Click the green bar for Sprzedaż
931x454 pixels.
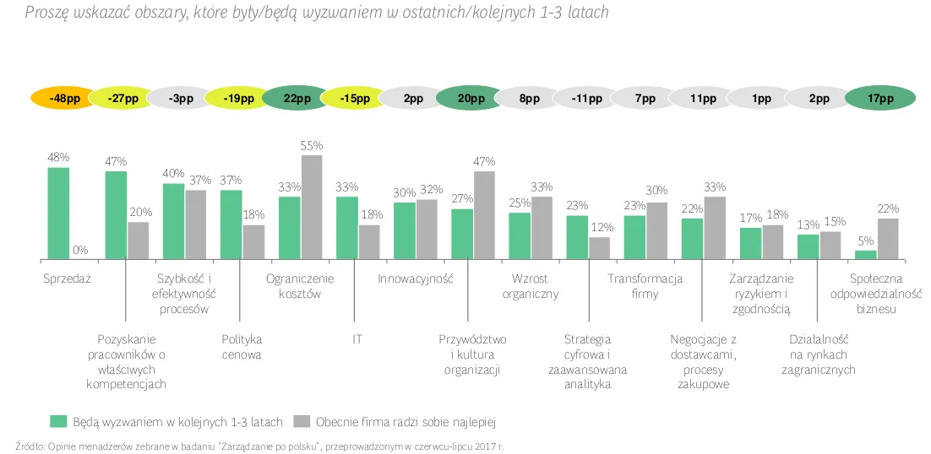(58, 213)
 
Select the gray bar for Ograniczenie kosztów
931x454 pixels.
(312, 207)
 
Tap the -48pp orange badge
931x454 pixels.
(65, 99)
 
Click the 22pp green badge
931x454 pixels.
(297, 99)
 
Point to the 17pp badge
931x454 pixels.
(879, 99)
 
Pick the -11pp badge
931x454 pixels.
(586, 99)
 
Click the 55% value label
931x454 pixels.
(312, 146)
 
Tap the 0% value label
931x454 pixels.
(81, 250)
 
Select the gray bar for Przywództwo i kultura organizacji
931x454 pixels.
(484, 214)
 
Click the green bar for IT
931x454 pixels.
(346, 227)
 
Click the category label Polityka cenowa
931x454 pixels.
(242, 346)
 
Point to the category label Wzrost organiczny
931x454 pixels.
(531, 286)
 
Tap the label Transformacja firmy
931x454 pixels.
(645, 286)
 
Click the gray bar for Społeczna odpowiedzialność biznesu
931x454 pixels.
(888, 238)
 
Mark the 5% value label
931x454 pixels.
(865, 241)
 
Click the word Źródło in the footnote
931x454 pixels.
(30, 445)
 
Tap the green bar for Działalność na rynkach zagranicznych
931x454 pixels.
(808, 246)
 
